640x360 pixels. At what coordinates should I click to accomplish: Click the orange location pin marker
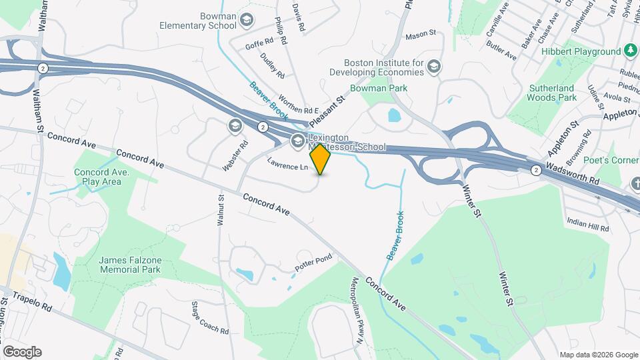click(x=321, y=159)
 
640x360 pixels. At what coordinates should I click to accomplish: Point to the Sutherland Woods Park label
click(x=552, y=93)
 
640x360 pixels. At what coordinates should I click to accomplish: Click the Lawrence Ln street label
click(x=288, y=163)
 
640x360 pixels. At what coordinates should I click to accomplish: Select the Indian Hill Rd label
click(x=587, y=225)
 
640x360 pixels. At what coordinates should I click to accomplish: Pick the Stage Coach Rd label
click(x=210, y=318)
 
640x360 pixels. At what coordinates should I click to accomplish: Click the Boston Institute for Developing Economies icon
click(x=434, y=66)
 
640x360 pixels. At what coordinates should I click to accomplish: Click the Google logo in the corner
click(x=22, y=351)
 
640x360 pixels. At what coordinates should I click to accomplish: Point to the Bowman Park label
click(x=378, y=88)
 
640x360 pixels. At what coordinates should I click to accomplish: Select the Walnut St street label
click(x=221, y=211)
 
